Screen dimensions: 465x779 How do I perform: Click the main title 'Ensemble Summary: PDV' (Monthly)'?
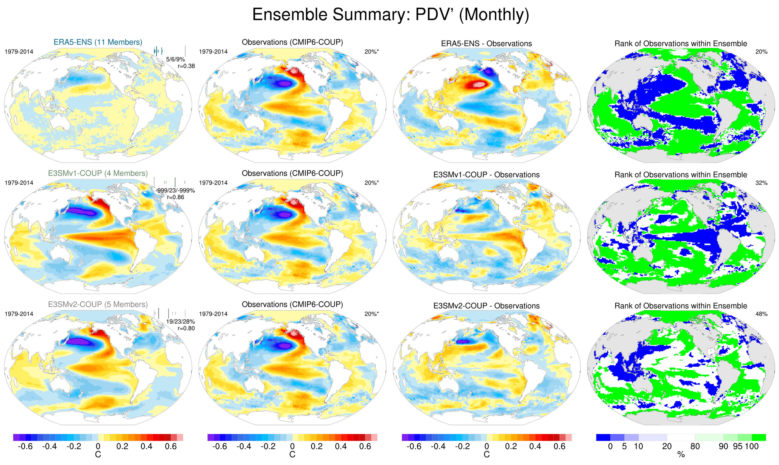tap(390, 15)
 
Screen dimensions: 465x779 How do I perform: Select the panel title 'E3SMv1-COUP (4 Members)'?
tap(98, 173)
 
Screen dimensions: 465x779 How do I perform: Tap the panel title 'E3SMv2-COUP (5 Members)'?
tap(98, 304)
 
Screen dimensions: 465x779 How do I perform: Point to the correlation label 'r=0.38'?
tap(186, 66)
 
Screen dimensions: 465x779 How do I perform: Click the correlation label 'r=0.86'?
tap(176, 197)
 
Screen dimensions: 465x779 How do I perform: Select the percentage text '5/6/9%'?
tap(176, 59)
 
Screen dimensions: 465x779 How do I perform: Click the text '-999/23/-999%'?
tap(175, 190)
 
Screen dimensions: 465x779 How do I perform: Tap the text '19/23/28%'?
tap(181, 322)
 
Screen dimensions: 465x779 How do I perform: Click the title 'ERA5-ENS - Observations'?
tap(486, 44)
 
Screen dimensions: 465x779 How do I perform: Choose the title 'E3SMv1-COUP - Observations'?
tap(486, 175)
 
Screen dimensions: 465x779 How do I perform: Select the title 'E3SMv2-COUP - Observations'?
tap(486, 306)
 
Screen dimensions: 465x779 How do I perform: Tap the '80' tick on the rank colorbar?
tap(695, 446)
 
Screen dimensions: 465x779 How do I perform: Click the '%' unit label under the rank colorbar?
tap(681, 455)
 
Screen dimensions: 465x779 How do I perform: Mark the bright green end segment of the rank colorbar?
tap(759, 437)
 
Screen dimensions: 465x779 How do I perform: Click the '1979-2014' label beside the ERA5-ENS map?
tap(19, 52)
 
